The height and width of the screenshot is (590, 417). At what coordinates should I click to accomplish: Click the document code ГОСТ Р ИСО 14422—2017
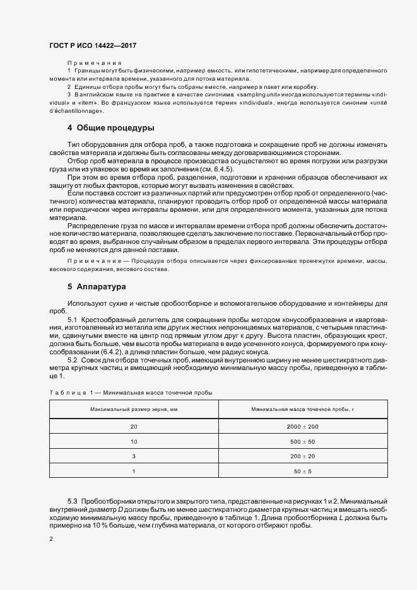point(93,46)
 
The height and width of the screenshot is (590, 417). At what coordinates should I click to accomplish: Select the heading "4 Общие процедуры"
point(110,128)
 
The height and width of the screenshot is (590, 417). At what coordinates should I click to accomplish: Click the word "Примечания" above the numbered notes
point(94,64)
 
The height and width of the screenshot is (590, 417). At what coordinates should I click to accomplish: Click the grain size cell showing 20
point(133,427)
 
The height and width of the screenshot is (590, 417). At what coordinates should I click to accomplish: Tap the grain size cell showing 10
point(133,441)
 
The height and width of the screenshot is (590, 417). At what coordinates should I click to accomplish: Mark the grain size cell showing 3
point(133,456)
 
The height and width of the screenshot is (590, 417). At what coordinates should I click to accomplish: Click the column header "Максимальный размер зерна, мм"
point(133,410)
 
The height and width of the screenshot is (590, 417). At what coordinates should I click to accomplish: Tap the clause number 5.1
point(72,321)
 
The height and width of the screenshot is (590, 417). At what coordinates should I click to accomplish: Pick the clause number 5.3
point(72,500)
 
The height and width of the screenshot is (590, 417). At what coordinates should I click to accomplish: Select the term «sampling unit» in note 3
point(250,94)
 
